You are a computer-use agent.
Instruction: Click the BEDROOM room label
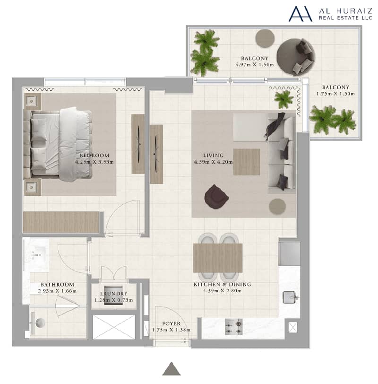pos(94,156)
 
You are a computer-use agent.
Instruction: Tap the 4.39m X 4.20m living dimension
pos(214,162)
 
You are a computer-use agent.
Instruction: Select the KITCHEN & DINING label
pos(223,285)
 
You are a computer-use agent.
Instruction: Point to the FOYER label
pos(171,323)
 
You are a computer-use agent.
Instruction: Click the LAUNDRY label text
pos(114,293)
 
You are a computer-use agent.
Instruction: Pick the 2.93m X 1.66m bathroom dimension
pos(57,291)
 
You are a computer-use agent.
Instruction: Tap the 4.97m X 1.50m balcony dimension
pos(255,65)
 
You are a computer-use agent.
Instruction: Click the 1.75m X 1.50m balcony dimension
pos(335,94)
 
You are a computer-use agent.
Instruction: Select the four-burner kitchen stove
pos(233,327)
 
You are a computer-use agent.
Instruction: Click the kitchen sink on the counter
pos(291,297)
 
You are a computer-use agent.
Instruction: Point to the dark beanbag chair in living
pos(216,197)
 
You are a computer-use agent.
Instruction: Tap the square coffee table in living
pos(247,162)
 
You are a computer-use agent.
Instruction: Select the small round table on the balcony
pos(265,38)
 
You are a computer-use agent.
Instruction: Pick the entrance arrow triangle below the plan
pos(172,368)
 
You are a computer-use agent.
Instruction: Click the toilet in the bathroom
pos(38,323)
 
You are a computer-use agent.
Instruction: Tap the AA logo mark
pos(301,14)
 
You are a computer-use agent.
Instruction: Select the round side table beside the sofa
pos(277,207)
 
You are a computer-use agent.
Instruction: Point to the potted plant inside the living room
pos(284,99)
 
